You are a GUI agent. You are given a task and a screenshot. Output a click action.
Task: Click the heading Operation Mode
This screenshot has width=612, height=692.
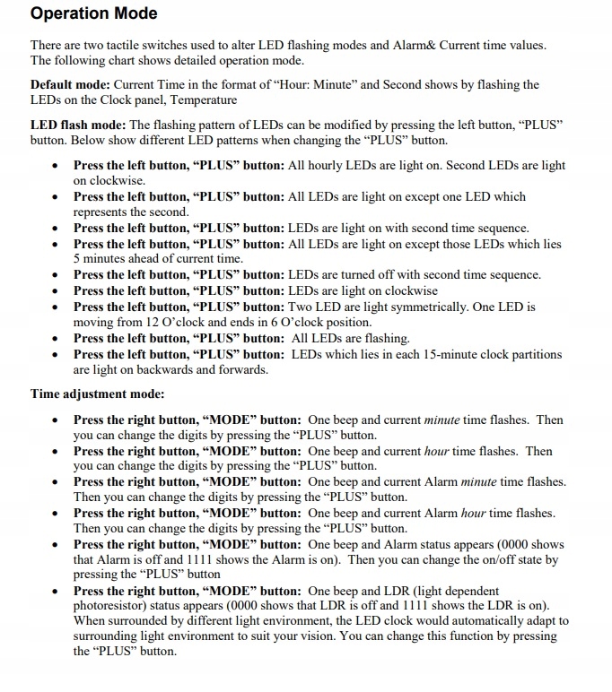[93, 13]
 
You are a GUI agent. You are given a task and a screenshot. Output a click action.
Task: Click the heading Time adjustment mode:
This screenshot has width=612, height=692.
[97, 393]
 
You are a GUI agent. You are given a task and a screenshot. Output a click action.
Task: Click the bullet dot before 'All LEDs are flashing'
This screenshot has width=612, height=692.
[57, 339]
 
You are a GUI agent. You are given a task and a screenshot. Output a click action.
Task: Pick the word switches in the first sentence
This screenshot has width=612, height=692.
[184, 45]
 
